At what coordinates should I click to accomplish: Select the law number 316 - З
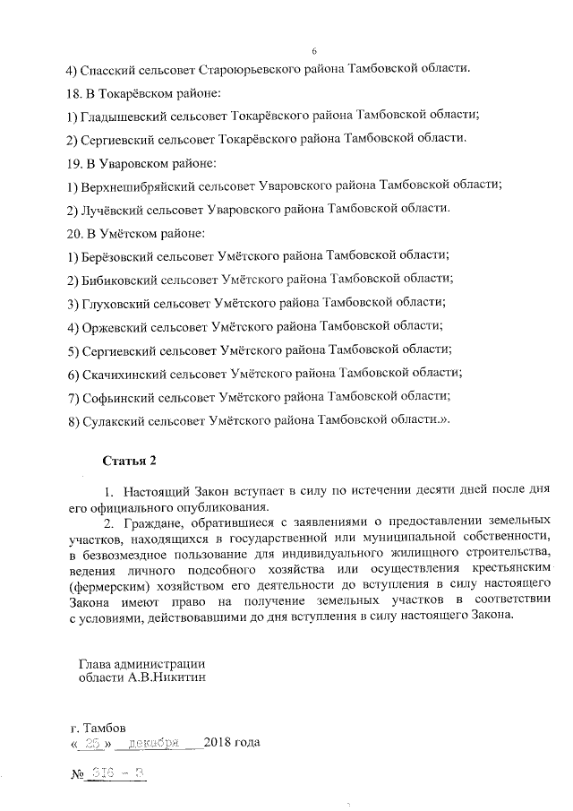tap(117, 773)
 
